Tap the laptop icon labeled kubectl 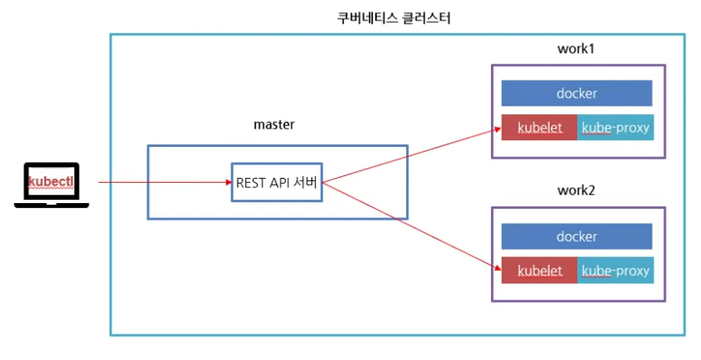click(x=51, y=185)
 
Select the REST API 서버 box click(x=276, y=181)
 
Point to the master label click(x=274, y=124)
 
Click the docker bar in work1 click(x=576, y=93)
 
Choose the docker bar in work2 click(x=576, y=236)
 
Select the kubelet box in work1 click(x=539, y=128)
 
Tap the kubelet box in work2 click(x=539, y=270)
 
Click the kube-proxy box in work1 click(x=615, y=128)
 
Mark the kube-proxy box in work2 click(x=615, y=270)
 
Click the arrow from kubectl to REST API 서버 click(x=164, y=181)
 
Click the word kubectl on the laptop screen click(x=51, y=181)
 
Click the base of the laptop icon click(x=51, y=204)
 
